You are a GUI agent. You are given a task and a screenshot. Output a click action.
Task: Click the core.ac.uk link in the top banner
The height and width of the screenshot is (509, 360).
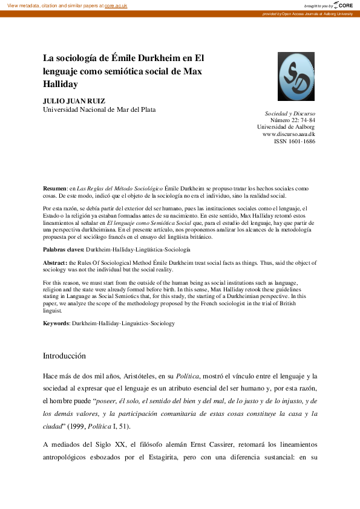115,5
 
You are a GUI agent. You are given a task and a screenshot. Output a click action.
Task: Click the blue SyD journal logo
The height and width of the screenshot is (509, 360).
296,77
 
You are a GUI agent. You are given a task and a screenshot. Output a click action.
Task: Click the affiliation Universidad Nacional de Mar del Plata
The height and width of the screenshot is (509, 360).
99,109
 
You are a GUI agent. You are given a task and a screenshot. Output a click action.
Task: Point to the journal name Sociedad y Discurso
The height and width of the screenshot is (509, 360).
290,114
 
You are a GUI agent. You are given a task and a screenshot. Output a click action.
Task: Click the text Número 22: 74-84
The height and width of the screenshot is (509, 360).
292,120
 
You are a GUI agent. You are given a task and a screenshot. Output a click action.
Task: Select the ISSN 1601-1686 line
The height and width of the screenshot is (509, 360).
294,141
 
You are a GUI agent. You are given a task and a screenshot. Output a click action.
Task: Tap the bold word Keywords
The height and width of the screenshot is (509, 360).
56,323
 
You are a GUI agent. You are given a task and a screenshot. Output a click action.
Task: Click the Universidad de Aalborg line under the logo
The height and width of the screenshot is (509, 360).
286,127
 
